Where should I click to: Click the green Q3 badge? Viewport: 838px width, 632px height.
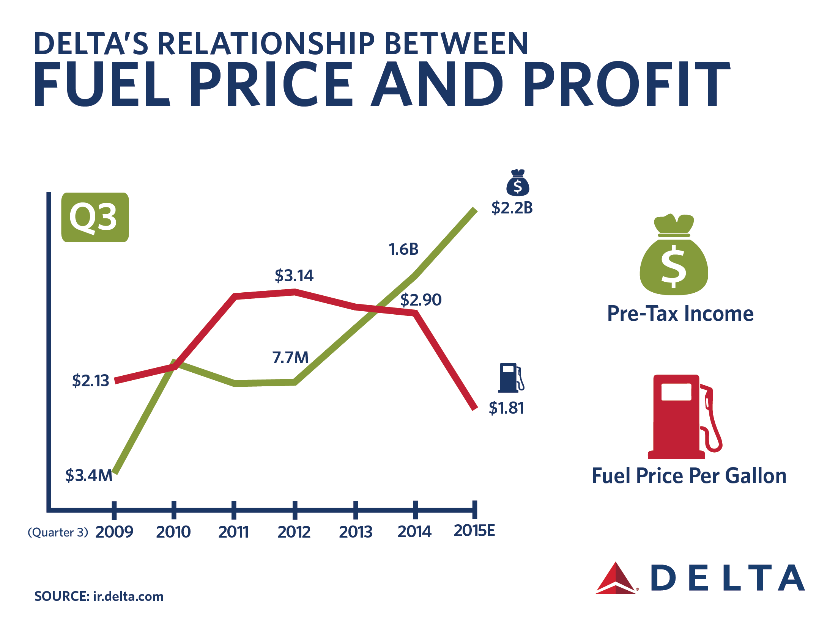(95, 217)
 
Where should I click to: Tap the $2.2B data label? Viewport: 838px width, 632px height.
(512, 208)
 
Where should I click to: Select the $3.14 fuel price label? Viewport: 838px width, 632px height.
(294, 276)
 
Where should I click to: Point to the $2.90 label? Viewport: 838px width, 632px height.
(421, 300)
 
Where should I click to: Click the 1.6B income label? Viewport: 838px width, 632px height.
(403, 249)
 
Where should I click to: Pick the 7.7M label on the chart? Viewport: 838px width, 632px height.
(290, 358)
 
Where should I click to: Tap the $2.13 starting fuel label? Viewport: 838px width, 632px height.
(90, 381)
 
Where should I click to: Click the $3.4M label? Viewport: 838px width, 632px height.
(89, 475)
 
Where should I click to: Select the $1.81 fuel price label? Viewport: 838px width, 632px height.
(506, 408)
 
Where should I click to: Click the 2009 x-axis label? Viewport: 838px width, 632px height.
(114, 532)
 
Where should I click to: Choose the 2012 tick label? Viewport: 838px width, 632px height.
(294, 532)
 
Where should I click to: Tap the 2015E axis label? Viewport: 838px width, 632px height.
(474, 531)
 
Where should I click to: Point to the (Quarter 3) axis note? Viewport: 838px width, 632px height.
(58, 532)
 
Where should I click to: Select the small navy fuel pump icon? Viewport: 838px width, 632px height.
(511, 378)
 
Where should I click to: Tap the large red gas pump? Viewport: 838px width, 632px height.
(683, 417)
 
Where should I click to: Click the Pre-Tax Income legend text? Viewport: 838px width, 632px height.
(680, 314)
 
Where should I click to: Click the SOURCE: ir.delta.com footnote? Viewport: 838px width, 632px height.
(99, 596)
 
